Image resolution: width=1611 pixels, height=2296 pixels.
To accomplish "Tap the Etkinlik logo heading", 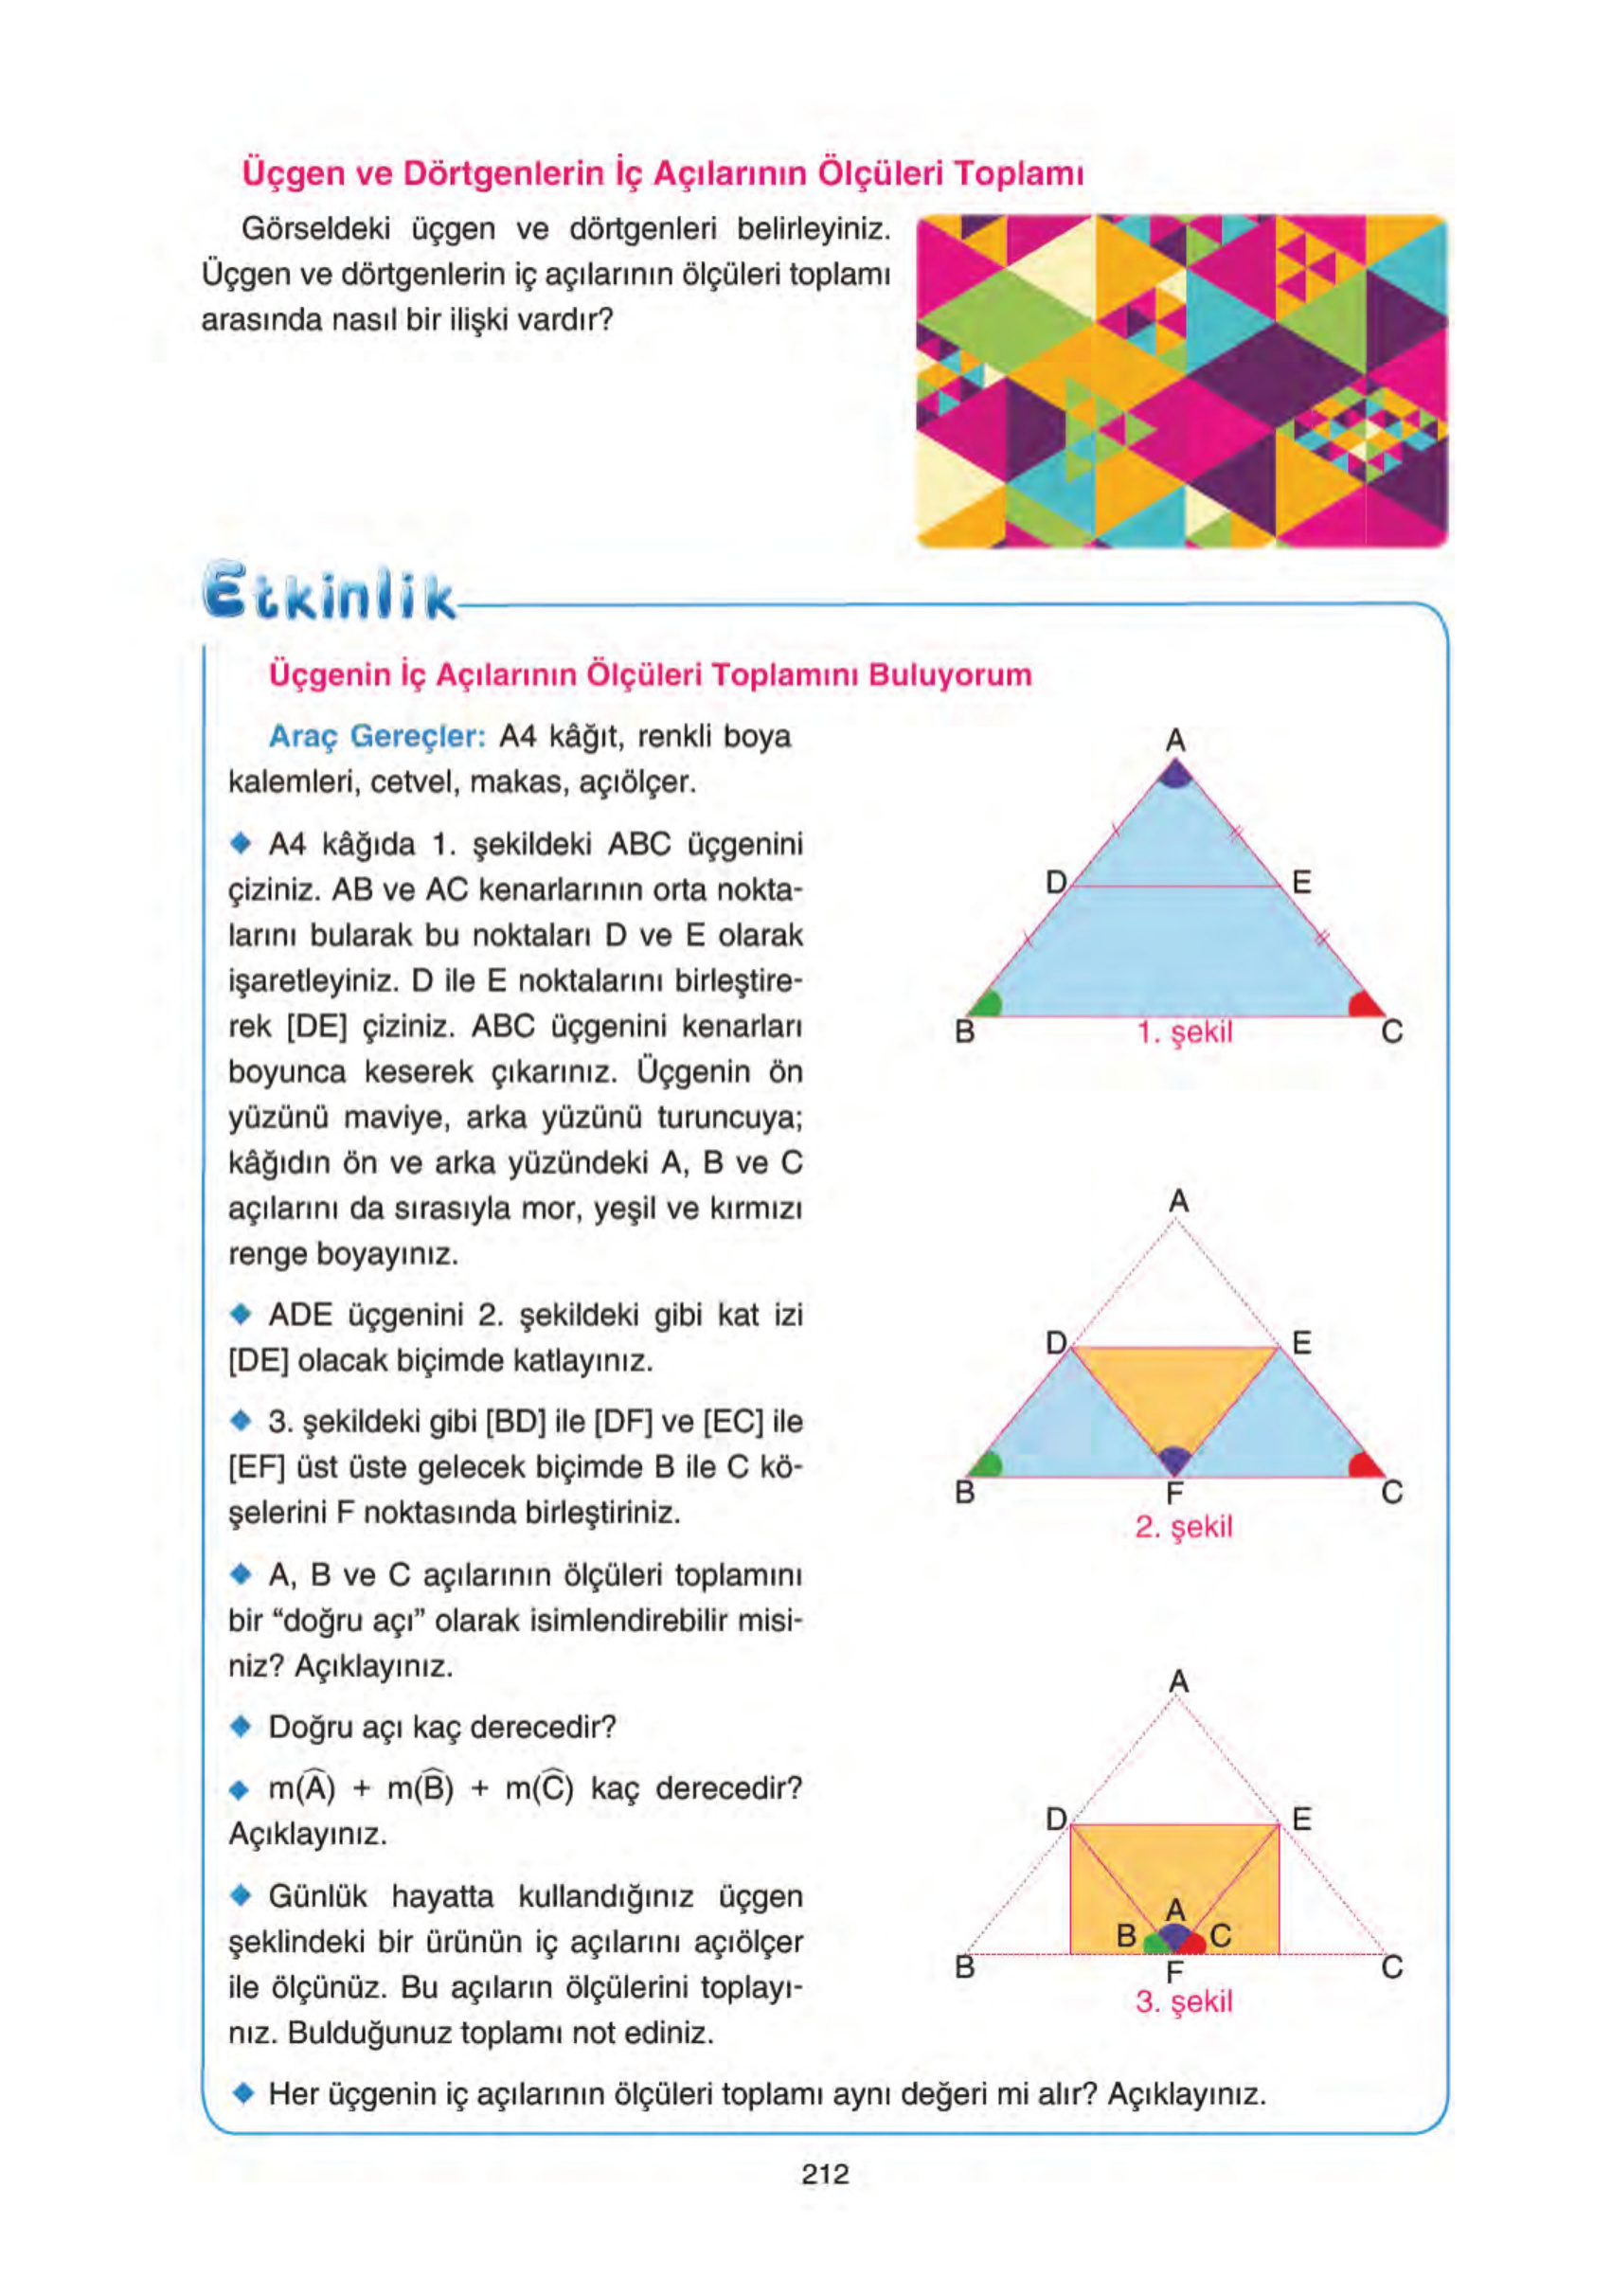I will [x=329, y=592].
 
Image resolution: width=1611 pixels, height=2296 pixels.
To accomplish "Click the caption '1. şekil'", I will [x=1184, y=1032].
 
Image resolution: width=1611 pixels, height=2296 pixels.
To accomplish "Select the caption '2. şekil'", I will [x=1183, y=1527].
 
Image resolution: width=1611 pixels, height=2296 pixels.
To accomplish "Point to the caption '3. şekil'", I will [x=1183, y=2001].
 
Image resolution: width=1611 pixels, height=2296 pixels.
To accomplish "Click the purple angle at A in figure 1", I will [x=1176, y=773].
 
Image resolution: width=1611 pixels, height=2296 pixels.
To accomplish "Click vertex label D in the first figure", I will [x=1055, y=881].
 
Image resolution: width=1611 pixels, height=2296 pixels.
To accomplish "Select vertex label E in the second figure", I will [x=1301, y=1342].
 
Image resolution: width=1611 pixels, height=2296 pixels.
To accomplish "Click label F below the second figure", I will [x=1175, y=1494].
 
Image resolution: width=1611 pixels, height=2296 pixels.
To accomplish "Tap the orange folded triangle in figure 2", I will [x=1176, y=1390].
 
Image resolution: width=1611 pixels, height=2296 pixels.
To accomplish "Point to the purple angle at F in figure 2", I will [x=1175, y=1458].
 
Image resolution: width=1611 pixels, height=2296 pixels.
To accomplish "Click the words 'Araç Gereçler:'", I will [x=377, y=736].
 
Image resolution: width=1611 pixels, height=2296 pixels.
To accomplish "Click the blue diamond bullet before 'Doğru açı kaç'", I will [x=240, y=1727].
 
